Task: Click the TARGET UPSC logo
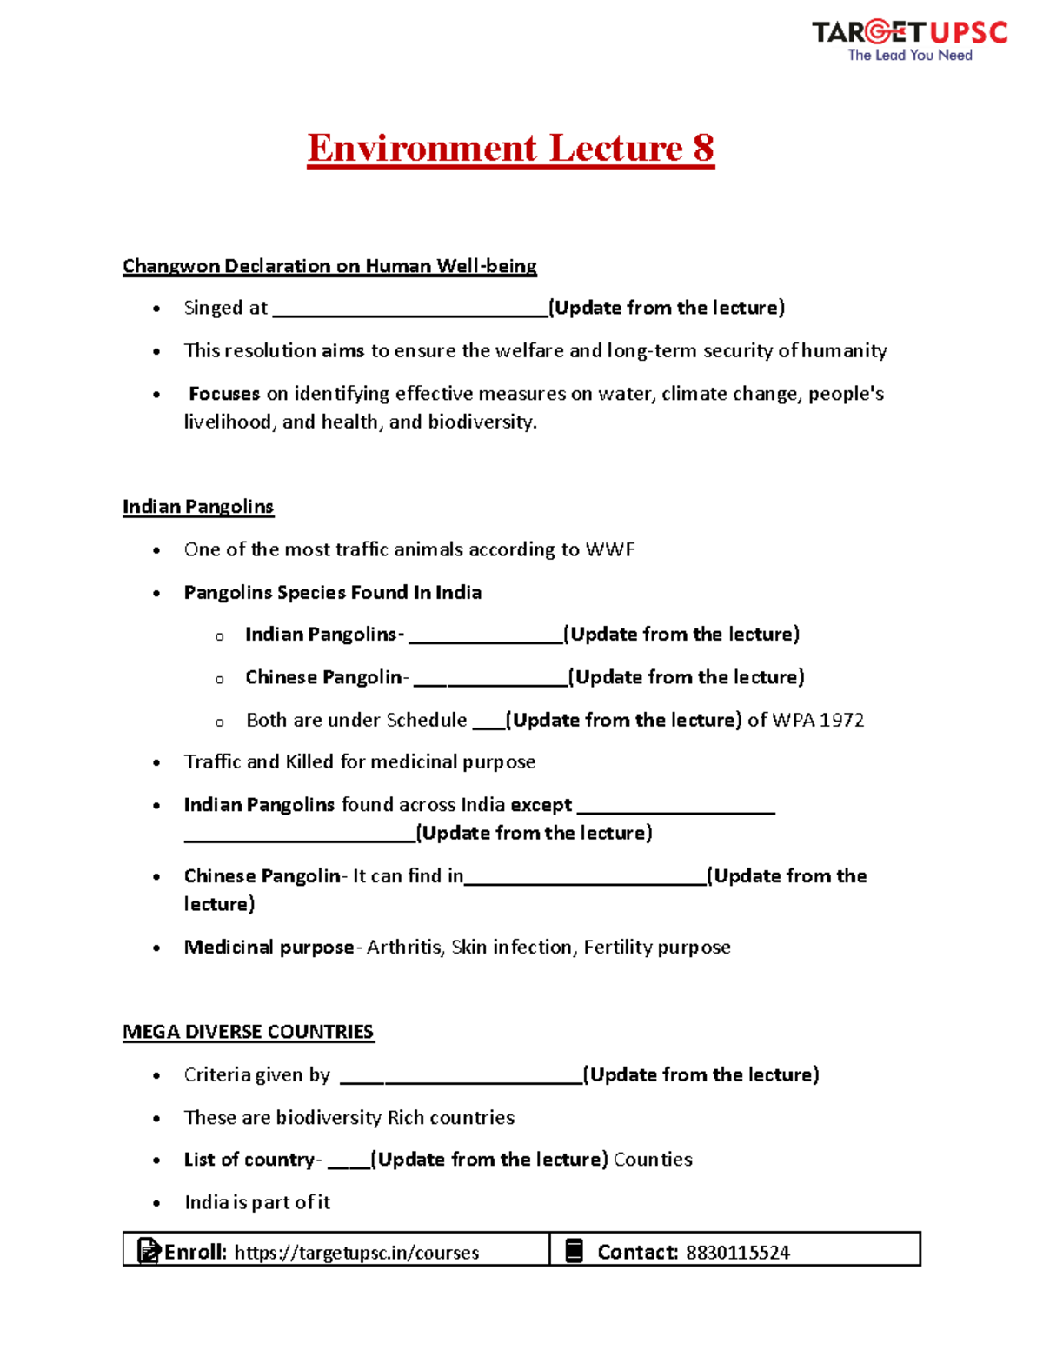(909, 33)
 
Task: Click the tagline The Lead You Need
(909, 56)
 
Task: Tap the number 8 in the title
(703, 148)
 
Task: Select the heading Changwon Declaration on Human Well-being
(329, 266)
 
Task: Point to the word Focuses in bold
(224, 394)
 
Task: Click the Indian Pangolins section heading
(198, 507)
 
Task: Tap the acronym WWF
(610, 549)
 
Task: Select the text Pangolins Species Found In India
(332, 593)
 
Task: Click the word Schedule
(426, 720)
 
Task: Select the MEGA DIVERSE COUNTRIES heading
(248, 1032)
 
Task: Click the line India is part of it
(257, 1202)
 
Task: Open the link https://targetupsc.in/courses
(356, 1253)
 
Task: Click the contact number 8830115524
(737, 1253)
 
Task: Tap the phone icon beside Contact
(575, 1251)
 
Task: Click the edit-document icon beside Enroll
(149, 1251)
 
